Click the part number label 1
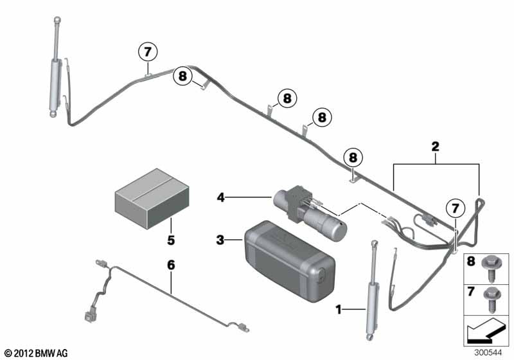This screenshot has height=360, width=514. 339,310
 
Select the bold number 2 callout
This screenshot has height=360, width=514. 435,147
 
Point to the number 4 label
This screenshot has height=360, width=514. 222,199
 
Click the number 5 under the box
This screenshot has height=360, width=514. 171,240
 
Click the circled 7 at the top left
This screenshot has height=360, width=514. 147,51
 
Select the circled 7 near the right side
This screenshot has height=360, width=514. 455,208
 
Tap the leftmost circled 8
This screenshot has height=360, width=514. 182,77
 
